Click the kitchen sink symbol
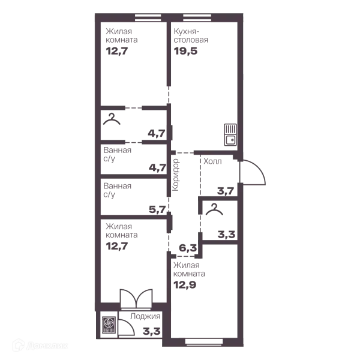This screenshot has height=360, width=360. tap(230, 135)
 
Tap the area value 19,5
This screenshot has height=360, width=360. tap(185, 51)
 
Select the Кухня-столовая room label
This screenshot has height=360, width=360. tap(191, 35)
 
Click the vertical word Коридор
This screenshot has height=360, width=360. tap(176, 175)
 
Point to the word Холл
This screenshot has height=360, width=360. tap(212, 161)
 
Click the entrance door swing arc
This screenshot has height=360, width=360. tap(257, 169)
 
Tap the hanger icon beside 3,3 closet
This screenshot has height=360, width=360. tap(214, 209)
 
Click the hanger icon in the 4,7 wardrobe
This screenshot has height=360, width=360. tap(112, 119)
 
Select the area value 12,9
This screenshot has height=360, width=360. tap(185, 285)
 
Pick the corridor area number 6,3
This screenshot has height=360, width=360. tap(188, 248)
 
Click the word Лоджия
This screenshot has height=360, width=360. tap(145, 316)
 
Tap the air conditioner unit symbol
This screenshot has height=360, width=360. tap(107, 325)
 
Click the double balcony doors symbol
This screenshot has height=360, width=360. tap(136, 298)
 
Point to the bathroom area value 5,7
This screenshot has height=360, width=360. tap(157, 209)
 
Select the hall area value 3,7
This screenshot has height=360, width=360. tap(226, 191)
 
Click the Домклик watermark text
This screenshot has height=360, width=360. tap(47, 346)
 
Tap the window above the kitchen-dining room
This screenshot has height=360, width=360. tap(197, 18)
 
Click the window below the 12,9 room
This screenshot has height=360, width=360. tap(204, 342)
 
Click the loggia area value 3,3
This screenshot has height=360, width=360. tap(151, 331)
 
